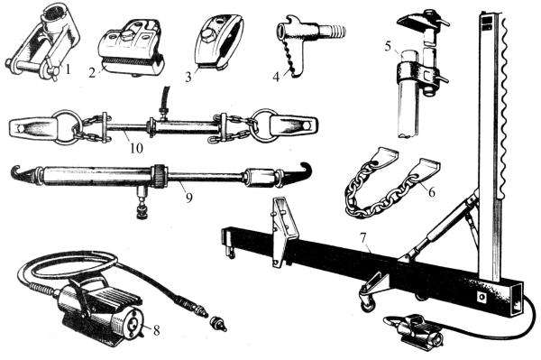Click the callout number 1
68,69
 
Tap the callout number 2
92,73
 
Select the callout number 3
188,77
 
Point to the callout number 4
276,77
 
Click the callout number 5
389,46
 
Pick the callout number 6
432,191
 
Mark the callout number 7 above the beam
362,237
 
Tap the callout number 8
156,330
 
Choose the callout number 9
188,198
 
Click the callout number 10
136,148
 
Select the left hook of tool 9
22,172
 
